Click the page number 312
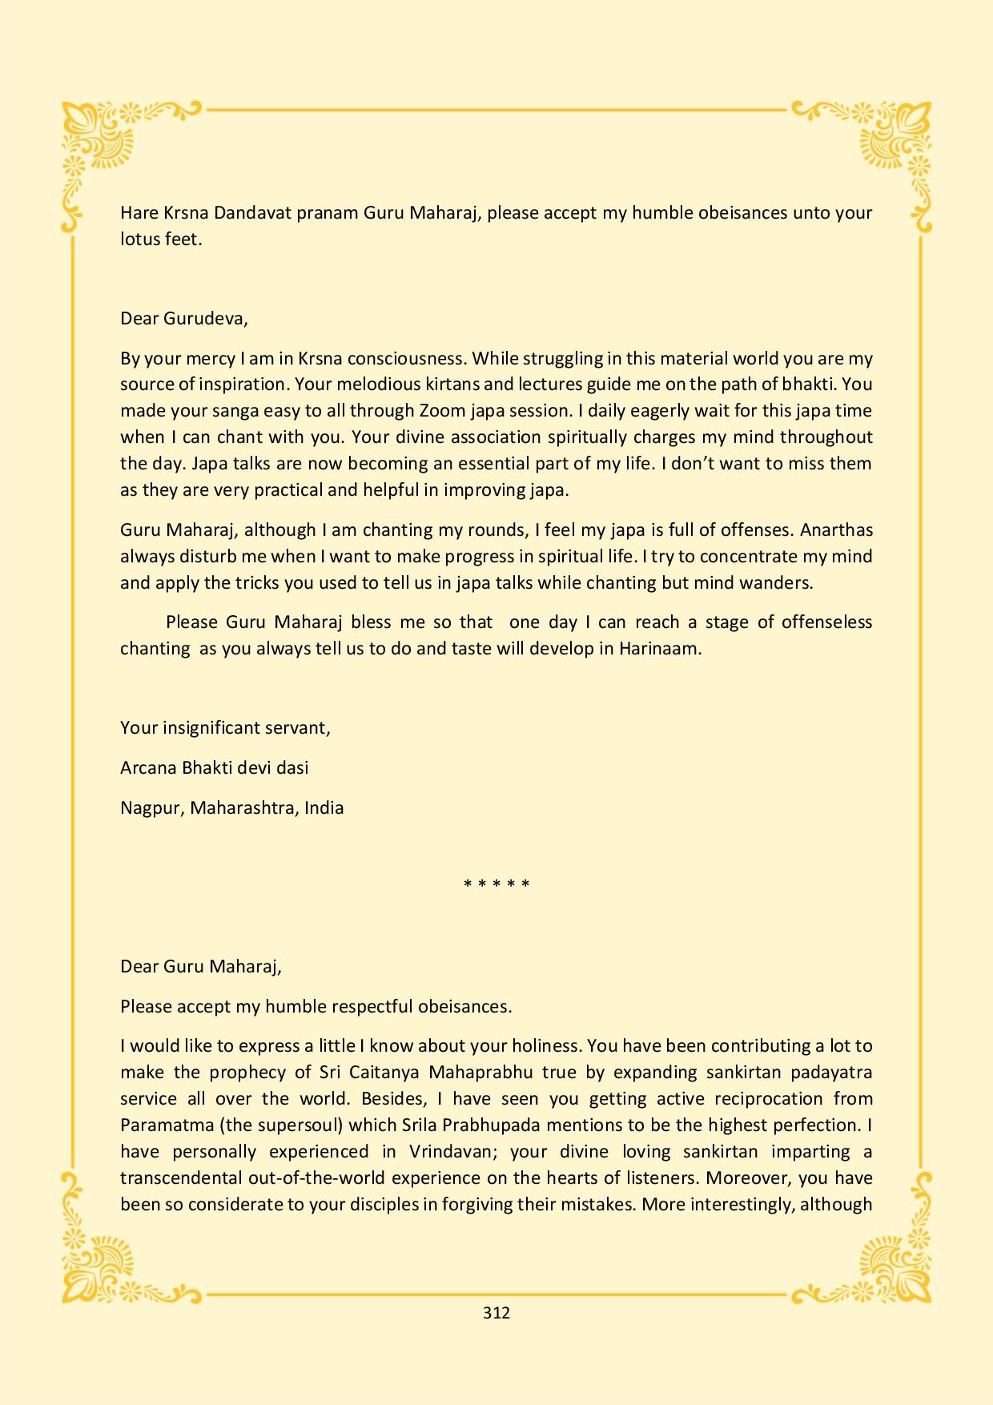coord(496,1313)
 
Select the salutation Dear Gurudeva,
coord(184,319)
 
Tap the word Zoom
coord(440,411)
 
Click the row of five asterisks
coord(496,885)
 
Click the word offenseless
coord(826,622)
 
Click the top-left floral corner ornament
coord(100,144)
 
